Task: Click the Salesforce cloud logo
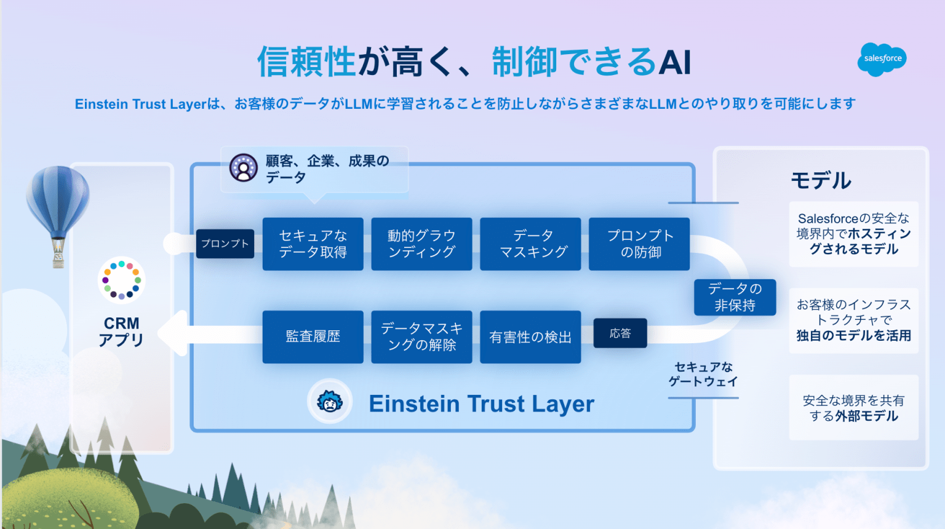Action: coord(882,59)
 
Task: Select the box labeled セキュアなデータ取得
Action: coord(313,244)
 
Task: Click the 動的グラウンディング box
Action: coord(421,244)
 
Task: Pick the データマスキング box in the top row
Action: coord(530,244)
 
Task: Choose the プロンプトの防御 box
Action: coord(639,244)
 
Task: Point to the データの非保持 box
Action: coord(735,297)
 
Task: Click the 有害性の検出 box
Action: coord(530,337)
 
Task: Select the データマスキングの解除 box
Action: coord(421,337)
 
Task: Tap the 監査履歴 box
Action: coord(313,337)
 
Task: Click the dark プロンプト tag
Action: coord(225,244)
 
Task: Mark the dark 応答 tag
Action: coord(620,333)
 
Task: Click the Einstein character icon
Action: coord(330,402)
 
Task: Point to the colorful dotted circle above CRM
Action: coord(122,280)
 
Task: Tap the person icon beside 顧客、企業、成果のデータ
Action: coord(244,167)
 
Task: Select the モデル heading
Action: coord(821,180)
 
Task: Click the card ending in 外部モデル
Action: coord(853,408)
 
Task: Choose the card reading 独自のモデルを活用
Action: coord(853,320)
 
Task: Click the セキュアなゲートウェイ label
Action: coord(703,374)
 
